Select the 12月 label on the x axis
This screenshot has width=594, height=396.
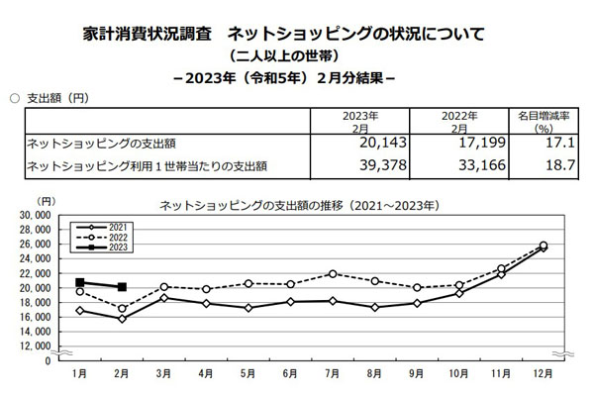coord(543,374)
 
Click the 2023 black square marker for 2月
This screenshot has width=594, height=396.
coord(122,287)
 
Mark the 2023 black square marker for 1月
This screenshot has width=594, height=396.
coord(80,282)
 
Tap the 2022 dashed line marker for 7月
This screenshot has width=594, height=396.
coord(333,273)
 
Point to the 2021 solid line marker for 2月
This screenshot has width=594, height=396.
coord(122,319)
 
